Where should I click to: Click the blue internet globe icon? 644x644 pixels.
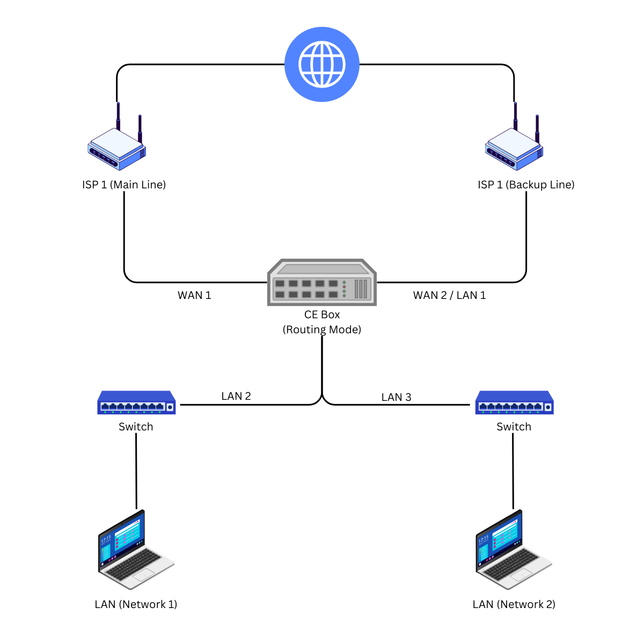pos(322,64)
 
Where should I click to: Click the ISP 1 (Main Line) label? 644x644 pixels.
pos(124,185)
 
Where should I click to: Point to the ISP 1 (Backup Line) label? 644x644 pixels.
pos(526,185)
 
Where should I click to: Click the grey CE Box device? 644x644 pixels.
pos(322,283)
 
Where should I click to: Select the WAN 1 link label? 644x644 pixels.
pos(194,295)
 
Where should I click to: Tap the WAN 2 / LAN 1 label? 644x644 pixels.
pos(449,295)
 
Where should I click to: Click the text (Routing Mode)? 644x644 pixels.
pos(322,330)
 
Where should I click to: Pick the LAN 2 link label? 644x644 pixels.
pos(236,396)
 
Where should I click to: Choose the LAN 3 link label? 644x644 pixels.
pos(396,397)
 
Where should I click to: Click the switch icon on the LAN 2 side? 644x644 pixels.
pos(136,403)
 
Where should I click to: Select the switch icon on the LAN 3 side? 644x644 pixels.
pos(514,403)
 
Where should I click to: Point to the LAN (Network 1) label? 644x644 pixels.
pos(136,604)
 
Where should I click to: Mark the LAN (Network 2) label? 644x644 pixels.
pos(514,604)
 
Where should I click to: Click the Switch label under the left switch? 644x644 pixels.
pos(136,427)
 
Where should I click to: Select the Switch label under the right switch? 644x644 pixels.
pos(514,427)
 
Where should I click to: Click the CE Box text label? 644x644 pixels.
pos(322,314)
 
